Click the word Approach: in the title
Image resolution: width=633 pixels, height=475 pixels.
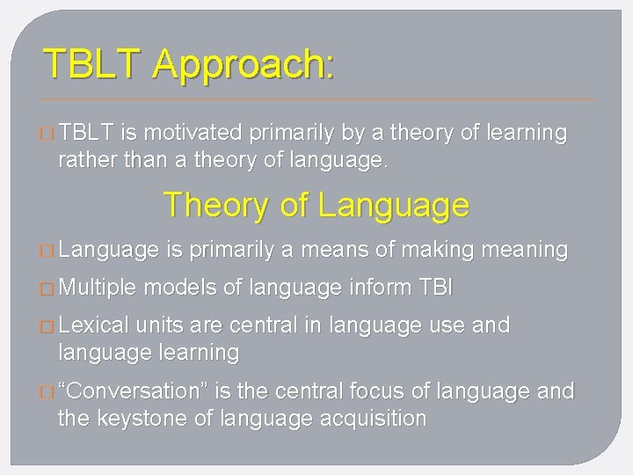coord(243,65)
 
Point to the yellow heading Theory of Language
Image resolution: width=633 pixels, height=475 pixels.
coord(316,206)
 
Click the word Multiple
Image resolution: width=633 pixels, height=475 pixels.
coord(97,287)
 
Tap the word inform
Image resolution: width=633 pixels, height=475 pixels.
coord(379,287)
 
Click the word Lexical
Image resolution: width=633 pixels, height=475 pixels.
coord(92,325)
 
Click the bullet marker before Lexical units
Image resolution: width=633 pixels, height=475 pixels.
coord(47,326)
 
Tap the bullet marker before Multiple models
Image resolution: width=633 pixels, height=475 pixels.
coord(47,288)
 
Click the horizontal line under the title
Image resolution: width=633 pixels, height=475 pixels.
coord(316,98)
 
